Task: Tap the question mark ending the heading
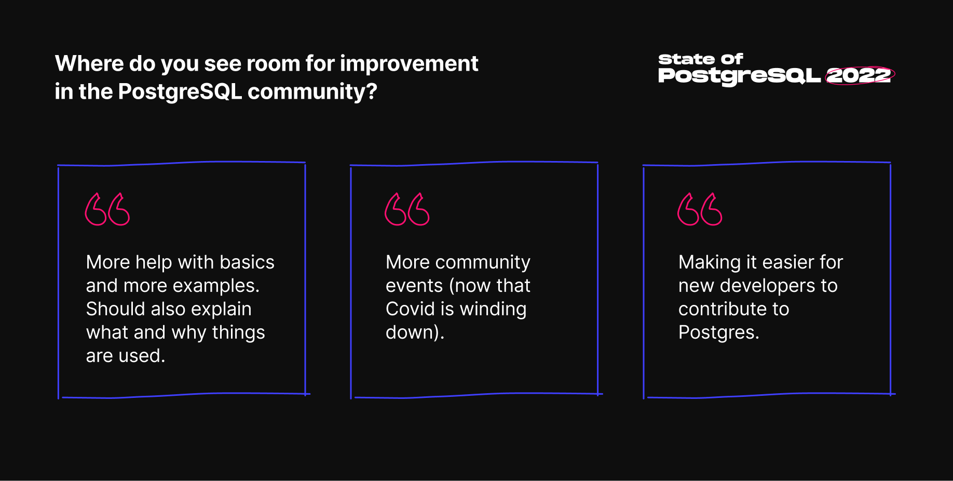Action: [x=372, y=91]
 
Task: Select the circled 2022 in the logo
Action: [x=860, y=76]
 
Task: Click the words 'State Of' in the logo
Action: [x=701, y=59]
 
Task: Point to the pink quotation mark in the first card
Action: [x=107, y=209]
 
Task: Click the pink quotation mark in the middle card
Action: [x=407, y=209]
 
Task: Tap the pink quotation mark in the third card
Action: [x=700, y=209]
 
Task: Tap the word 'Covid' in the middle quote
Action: [x=410, y=309]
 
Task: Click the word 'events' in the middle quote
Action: [x=414, y=286]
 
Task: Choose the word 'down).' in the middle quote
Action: [x=415, y=332]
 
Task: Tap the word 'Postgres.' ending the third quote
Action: [x=719, y=333]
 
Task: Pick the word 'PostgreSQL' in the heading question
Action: [x=180, y=92]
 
